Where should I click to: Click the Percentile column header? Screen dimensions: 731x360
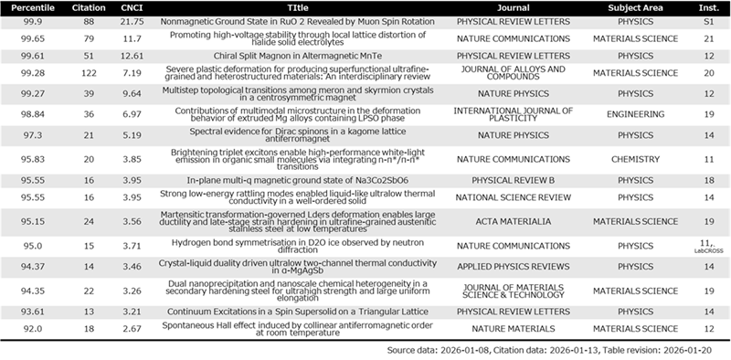33,8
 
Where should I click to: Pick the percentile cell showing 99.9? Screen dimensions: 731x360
33,22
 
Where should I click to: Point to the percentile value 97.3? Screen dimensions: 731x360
33,135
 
